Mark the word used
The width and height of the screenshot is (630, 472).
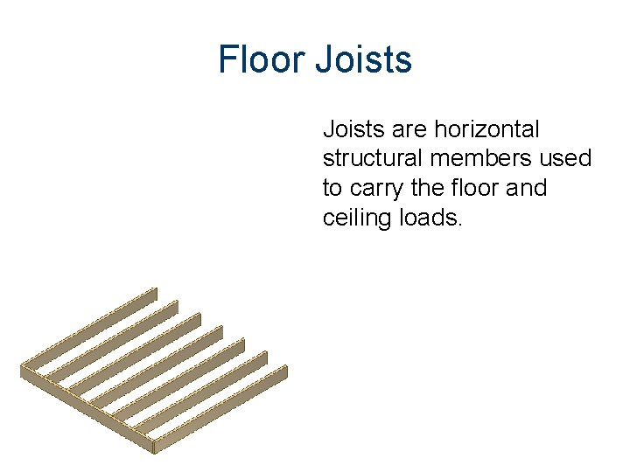[570, 159]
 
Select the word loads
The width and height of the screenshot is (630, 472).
[430, 218]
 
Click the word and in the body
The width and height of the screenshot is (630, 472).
[526, 188]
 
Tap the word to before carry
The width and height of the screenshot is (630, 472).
[333, 189]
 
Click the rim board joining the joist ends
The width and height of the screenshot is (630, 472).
[87, 408]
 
